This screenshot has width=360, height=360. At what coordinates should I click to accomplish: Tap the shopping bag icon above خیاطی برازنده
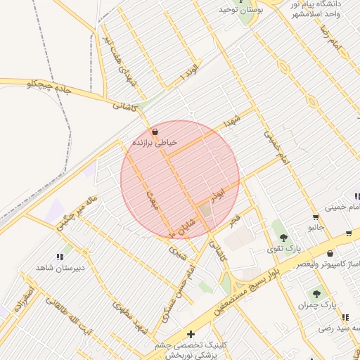pyautogui.click(x=155, y=131)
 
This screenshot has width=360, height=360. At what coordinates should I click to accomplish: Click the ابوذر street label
pyautogui.click(x=219, y=191)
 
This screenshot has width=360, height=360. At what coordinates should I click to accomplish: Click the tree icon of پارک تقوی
pyautogui.click(x=283, y=238)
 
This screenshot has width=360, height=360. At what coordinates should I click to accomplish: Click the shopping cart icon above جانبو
pyautogui.click(x=316, y=217)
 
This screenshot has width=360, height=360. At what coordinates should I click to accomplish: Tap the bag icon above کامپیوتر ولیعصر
pyautogui.click(x=330, y=253)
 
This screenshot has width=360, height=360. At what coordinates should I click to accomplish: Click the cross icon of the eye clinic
pyautogui.click(x=191, y=333)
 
